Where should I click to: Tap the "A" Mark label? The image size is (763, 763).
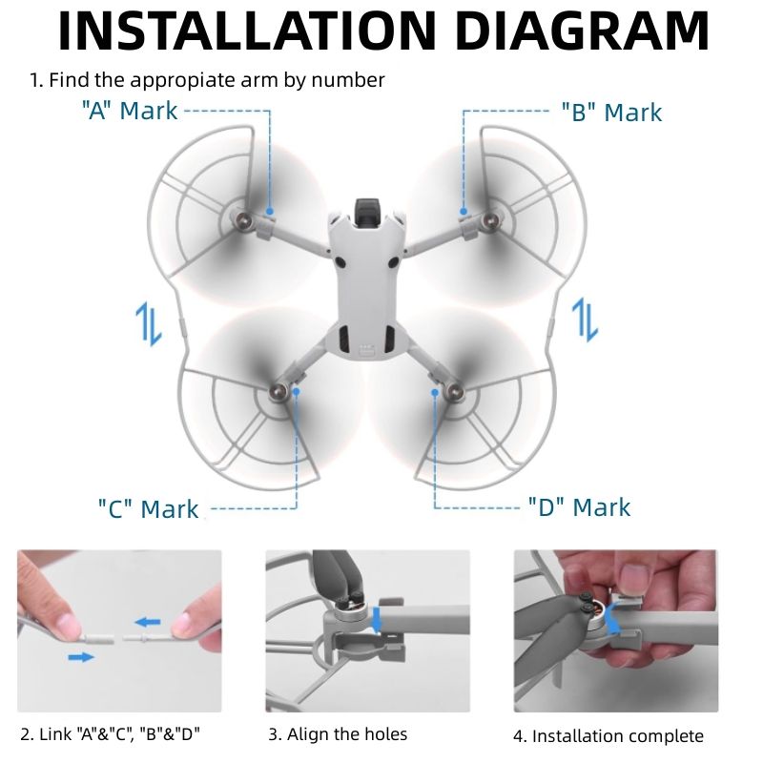click(x=130, y=111)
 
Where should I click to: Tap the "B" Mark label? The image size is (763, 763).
click(x=611, y=112)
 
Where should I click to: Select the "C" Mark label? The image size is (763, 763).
click(x=148, y=508)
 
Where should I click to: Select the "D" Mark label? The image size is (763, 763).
click(x=579, y=506)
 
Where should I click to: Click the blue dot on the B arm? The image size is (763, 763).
click(x=464, y=211)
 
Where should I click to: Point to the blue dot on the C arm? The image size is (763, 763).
click(x=297, y=389)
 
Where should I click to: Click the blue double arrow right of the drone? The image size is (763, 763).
click(x=585, y=319)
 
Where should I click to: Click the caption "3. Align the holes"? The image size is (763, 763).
click(x=338, y=734)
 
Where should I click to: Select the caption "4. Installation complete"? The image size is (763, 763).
click(x=608, y=735)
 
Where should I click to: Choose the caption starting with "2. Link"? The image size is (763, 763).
click(x=111, y=734)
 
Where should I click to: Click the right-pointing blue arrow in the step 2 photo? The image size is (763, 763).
click(x=82, y=656)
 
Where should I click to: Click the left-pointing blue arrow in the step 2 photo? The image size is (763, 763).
click(x=147, y=622)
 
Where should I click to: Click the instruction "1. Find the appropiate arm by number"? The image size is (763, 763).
click(x=207, y=80)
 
